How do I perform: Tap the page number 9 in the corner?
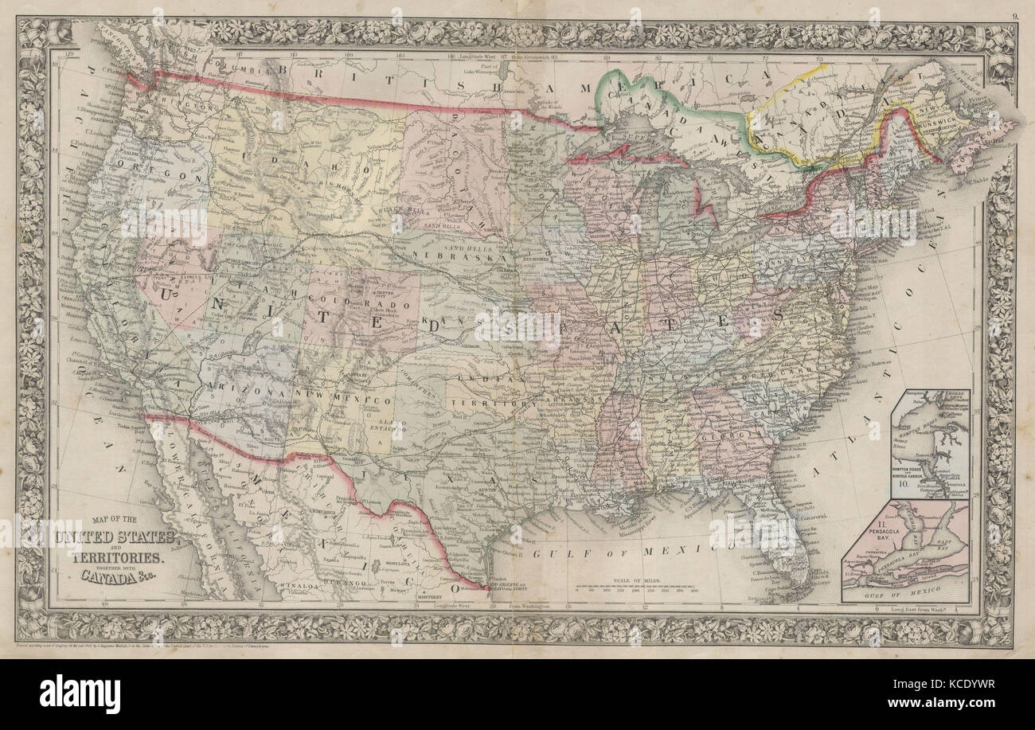[1013, 11]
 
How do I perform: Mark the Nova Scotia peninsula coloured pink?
[987, 143]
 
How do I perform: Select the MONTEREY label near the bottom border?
[434, 594]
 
